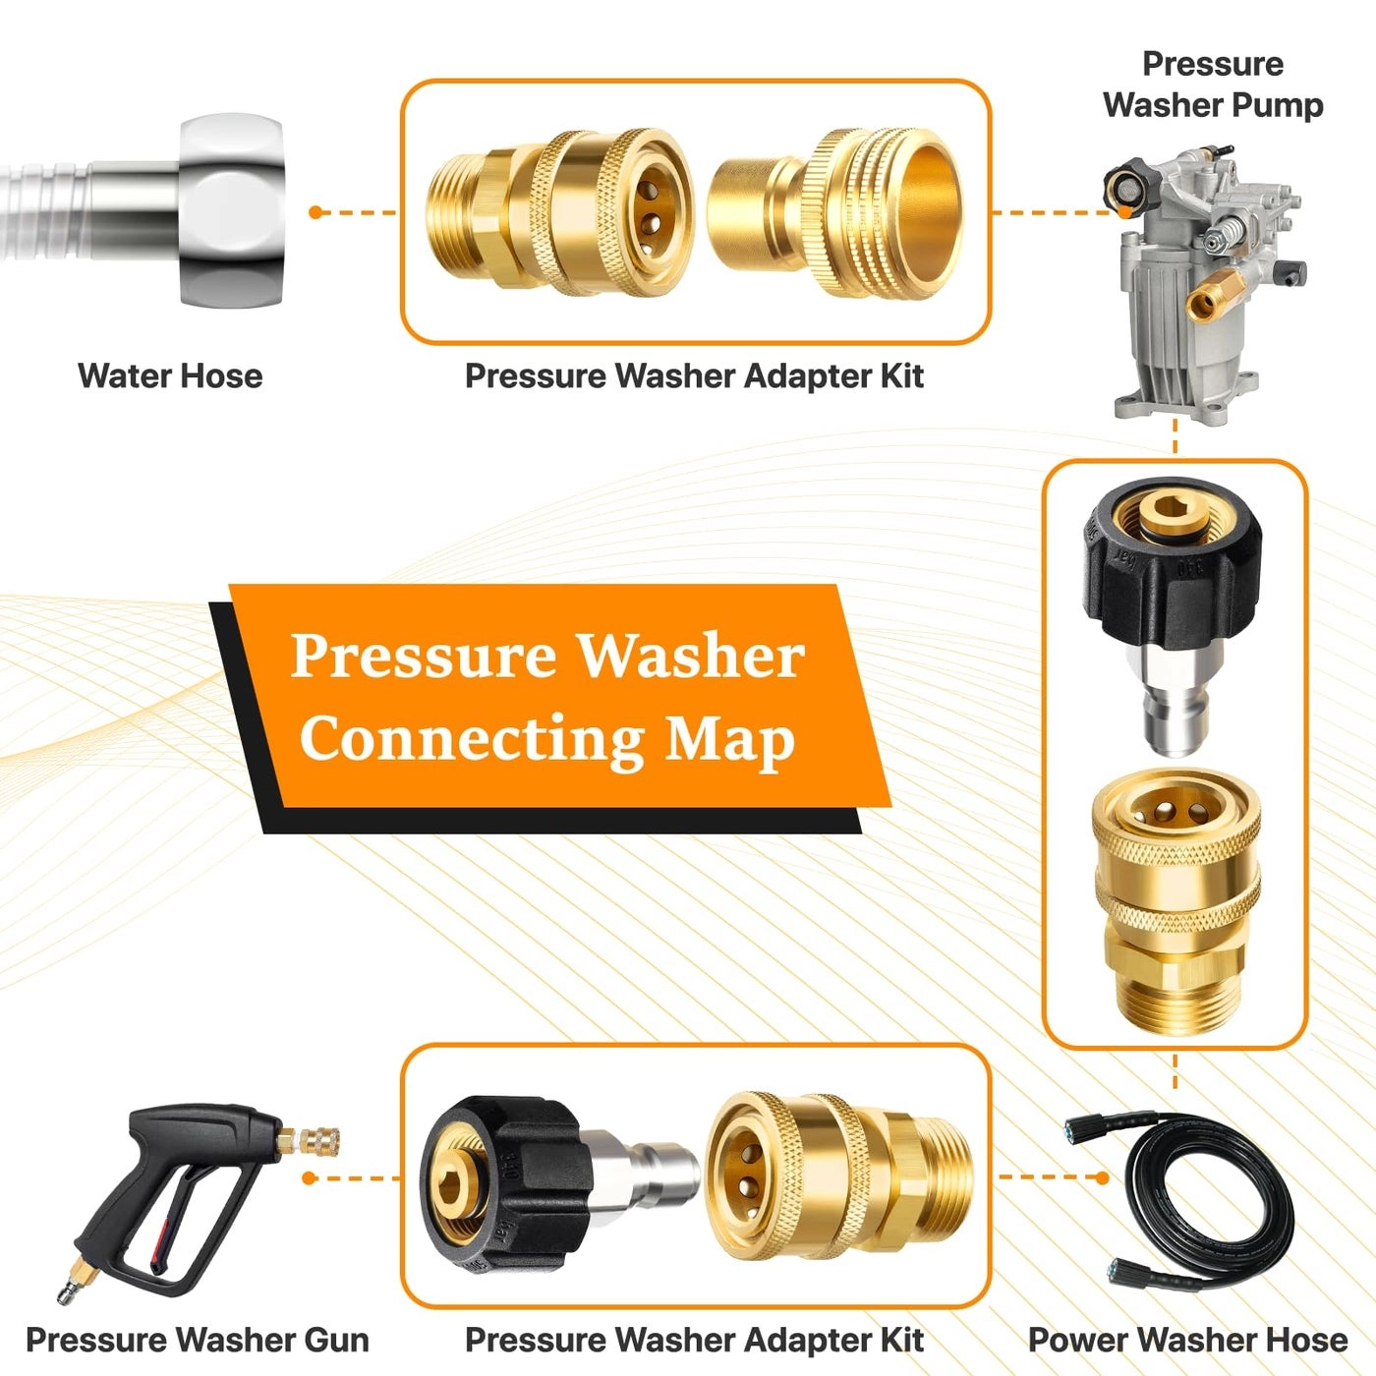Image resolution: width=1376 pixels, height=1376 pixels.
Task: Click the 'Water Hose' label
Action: click(x=170, y=375)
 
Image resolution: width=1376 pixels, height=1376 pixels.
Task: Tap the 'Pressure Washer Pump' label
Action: click(x=1213, y=85)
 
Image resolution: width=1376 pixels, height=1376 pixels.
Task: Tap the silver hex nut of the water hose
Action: click(x=232, y=210)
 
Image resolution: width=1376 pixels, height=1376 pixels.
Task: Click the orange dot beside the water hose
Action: click(x=315, y=212)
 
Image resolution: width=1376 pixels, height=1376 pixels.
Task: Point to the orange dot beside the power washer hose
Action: click(x=1103, y=1176)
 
